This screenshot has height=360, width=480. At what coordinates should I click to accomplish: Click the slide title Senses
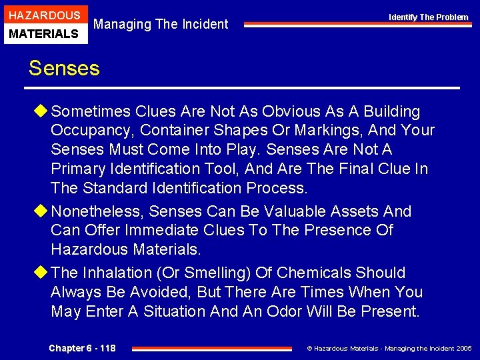coord(64,68)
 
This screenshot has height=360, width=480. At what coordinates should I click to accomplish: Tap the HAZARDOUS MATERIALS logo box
coord(44,24)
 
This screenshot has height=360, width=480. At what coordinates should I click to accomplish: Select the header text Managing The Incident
coord(161,25)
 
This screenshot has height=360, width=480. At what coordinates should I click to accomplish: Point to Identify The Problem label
coord(429,17)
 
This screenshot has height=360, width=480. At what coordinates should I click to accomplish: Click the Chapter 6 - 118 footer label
coord(82,348)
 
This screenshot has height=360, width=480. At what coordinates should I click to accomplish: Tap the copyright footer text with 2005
coord(389,349)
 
